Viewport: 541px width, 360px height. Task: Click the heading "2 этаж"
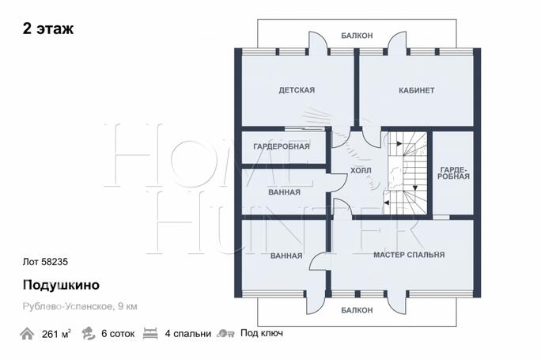coord(48,28)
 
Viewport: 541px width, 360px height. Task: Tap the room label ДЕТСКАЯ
coord(297,90)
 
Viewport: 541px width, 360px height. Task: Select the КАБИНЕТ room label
coord(417,90)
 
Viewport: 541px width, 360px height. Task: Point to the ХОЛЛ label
coord(361,171)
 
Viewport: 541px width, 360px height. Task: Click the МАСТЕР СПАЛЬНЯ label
coord(409,255)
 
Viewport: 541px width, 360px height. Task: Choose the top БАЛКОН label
coord(357,36)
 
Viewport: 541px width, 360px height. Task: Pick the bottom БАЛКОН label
coord(357,310)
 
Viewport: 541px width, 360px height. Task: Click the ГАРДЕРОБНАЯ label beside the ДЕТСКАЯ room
coord(282,146)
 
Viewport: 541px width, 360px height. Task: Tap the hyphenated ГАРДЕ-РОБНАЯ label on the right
coord(454,173)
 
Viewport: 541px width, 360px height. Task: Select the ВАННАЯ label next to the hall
coord(284,192)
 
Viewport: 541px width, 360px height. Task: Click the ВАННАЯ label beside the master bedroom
coord(286,256)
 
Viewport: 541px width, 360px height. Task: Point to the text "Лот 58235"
coord(45,262)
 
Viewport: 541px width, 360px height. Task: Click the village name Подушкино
coord(61,285)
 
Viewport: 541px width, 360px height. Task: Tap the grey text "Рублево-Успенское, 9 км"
coord(80,306)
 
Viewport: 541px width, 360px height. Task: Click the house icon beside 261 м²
coord(27,334)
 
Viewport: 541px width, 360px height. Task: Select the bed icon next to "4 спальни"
coord(150,334)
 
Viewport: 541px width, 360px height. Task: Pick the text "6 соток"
coord(118,334)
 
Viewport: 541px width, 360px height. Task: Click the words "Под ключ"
coord(262,333)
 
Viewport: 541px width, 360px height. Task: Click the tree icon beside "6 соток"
coord(89,333)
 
